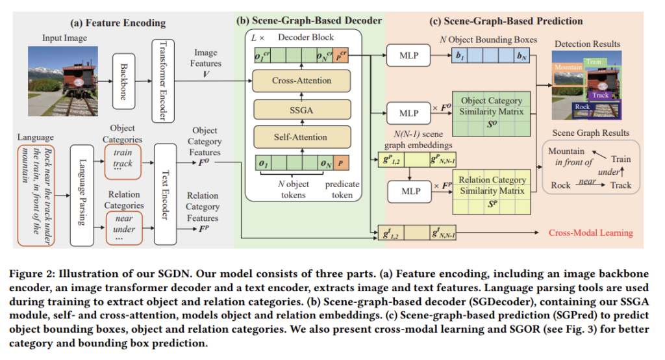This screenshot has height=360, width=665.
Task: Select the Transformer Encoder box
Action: [x=162, y=81]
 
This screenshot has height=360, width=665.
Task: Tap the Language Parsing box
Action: [x=81, y=195]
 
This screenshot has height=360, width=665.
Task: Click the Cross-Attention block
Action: [x=301, y=81]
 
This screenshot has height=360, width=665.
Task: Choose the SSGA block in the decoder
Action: [x=301, y=110]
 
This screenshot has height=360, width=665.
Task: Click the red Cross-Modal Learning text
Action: [x=590, y=233]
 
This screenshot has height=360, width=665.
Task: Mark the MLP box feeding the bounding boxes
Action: [x=408, y=55]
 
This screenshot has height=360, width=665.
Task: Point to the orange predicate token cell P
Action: [x=341, y=163]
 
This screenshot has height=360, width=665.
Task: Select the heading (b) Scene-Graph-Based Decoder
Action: [x=308, y=21]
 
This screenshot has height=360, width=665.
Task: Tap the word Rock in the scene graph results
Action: [x=560, y=185]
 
